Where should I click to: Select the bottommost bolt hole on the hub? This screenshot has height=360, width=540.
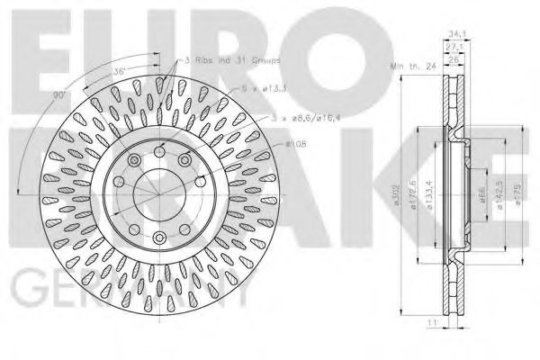pos(159,238)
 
